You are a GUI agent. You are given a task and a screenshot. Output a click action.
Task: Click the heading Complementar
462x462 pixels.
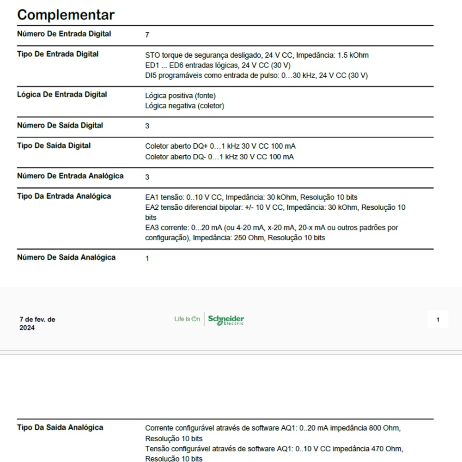(x=66, y=15)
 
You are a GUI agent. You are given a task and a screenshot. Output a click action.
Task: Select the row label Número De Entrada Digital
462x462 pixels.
(x=64, y=34)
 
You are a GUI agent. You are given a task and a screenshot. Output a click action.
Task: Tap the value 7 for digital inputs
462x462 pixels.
(x=147, y=35)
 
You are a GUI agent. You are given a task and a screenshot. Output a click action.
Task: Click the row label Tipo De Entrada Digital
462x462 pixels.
(x=58, y=54)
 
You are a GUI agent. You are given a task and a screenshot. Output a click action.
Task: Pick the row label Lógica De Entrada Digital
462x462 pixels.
(x=62, y=95)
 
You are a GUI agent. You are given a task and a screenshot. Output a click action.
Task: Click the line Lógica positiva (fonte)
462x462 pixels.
(x=180, y=96)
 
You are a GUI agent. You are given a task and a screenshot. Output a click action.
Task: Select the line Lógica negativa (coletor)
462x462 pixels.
(x=184, y=106)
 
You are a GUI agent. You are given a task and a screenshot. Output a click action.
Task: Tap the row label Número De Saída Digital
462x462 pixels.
(x=60, y=126)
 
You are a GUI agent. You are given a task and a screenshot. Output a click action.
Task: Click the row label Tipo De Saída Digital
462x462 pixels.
(x=54, y=146)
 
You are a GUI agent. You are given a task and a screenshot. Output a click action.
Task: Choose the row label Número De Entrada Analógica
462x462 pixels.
(x=70, y=176)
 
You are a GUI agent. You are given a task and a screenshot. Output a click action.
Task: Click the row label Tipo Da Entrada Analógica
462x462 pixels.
(x=64, y=196)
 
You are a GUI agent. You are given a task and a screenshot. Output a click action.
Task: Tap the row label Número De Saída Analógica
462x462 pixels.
(x=66, y=257)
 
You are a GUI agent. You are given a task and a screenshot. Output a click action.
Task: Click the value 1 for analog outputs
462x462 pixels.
(x=147, y=259)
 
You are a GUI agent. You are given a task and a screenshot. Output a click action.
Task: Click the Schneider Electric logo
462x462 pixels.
(x=226, y=320)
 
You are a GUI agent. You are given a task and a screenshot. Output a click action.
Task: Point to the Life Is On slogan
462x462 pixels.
(x=187, y=319)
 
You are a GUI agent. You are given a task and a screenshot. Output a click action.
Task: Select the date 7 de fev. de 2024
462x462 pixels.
(x=37, y=323)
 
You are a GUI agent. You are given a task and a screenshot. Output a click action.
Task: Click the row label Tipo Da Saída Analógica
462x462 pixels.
(x=60, y=427)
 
